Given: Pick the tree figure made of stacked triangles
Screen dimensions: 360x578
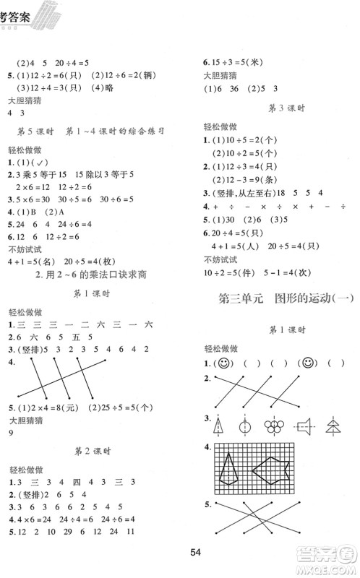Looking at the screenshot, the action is click(333, 425).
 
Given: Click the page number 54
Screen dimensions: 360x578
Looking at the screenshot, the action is click(194, 553).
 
